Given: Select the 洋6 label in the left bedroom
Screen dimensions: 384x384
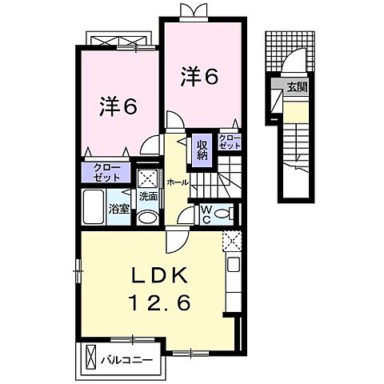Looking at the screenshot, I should pos(117,106).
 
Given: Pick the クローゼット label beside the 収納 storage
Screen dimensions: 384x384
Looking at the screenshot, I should pos(230,143).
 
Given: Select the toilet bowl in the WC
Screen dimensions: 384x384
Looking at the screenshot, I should pos(226,213).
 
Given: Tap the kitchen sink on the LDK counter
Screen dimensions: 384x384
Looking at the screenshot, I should pos(234,266).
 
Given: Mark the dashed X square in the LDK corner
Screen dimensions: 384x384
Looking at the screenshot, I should pos(231,239).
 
